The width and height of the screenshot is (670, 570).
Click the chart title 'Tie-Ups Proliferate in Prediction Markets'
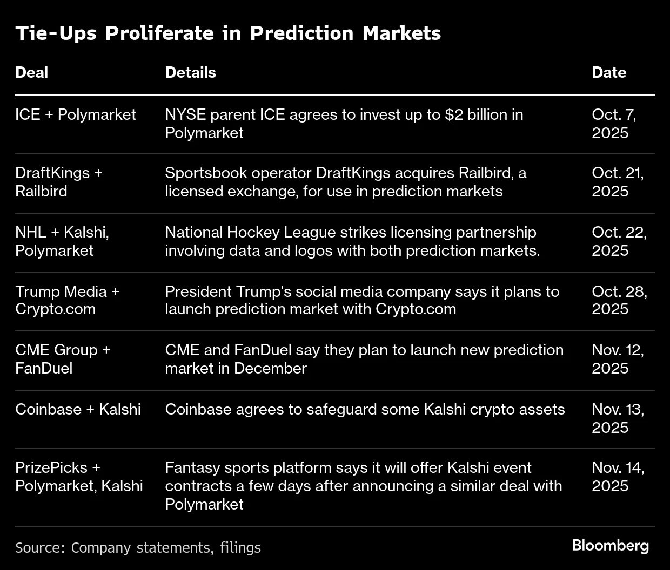tap(228, 33)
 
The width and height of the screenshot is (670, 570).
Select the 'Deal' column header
tap(31, 73)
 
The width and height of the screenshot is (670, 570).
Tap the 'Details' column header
tap(190, 73)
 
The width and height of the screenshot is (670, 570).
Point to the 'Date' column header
tap(609, 73)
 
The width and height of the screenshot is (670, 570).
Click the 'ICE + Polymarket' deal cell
tap(76, 115)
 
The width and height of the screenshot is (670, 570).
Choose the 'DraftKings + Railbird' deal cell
tap(58, 182)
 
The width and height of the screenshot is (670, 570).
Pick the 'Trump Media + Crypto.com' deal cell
tap(67, 300)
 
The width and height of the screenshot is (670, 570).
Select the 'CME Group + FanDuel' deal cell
tap(62, 359)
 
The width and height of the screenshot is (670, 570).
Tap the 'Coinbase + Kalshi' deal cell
tap(78, 409)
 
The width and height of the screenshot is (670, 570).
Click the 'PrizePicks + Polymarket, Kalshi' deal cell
tap(79, 477)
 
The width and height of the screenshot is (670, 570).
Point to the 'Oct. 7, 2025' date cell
tap(614, 124)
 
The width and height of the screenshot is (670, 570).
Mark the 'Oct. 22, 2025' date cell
tap(619, 241)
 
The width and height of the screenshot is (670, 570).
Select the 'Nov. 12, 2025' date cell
tap(618, 359)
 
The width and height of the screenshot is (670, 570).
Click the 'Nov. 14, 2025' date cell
tap(618, 477)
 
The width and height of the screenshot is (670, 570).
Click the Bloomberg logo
tap(611, 546)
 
